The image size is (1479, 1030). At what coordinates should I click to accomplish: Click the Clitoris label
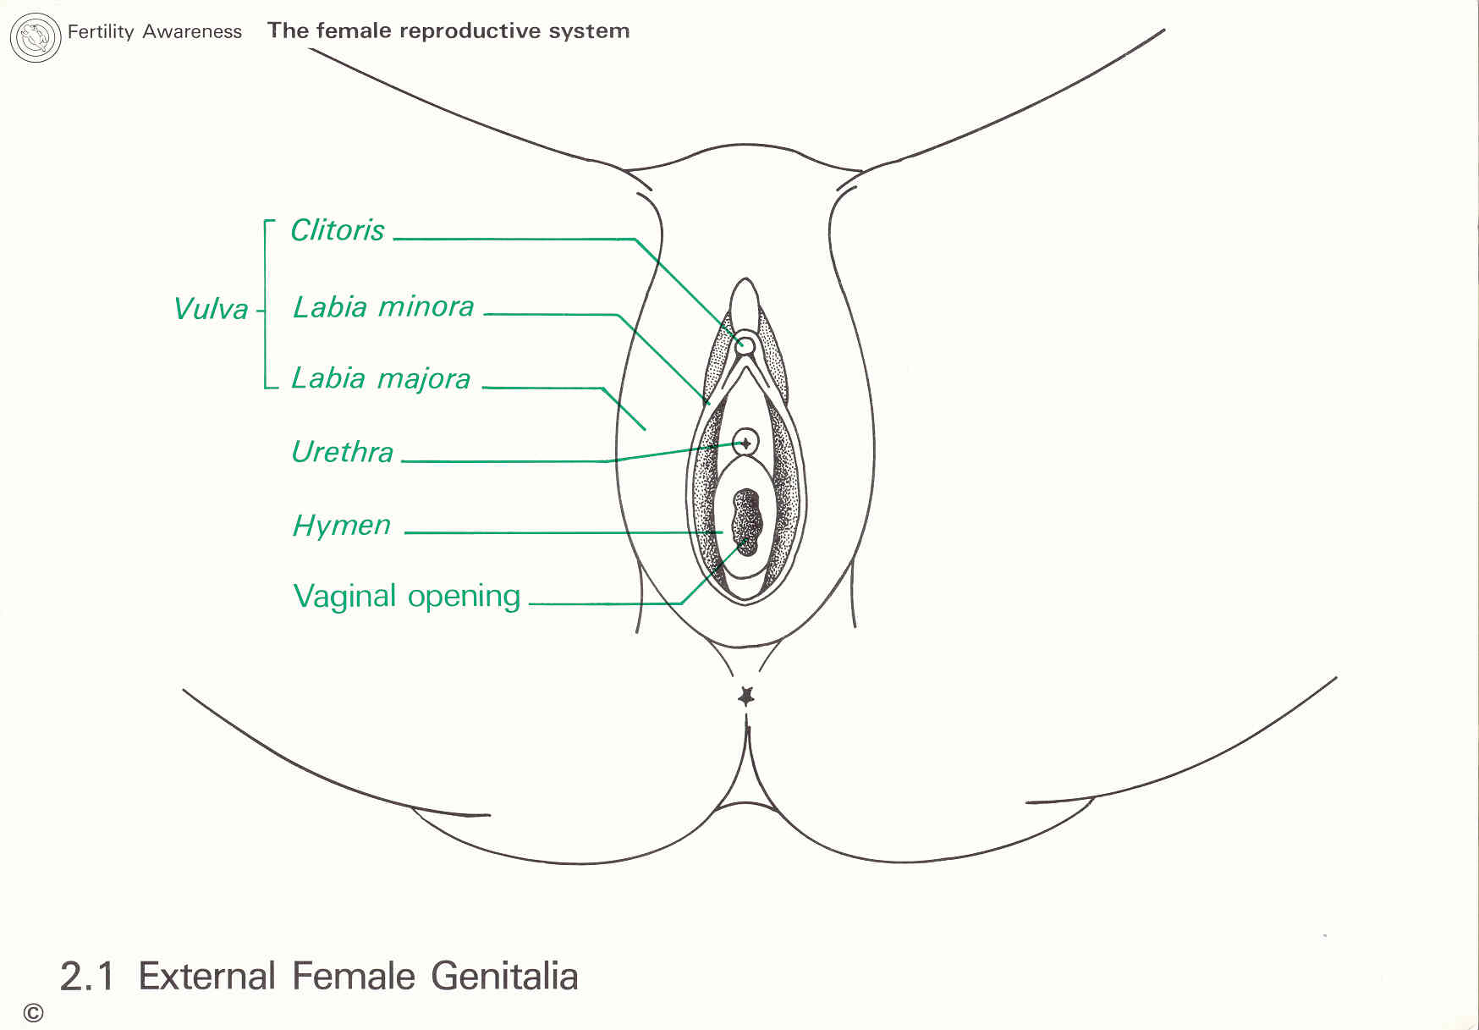[337, 230]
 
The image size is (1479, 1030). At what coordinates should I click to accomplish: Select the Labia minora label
[382, 306]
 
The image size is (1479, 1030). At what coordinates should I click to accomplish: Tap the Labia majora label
[381, 378]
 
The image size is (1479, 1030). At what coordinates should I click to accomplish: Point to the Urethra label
[342, 452]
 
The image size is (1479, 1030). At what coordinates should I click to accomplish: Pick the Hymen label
[341, 526]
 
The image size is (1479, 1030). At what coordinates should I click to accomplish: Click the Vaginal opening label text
[406, 597]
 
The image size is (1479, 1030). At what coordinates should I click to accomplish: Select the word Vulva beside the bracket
[211, 309]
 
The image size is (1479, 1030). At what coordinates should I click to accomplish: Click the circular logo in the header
[35, 37]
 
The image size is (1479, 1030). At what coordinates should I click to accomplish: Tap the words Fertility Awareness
[154, 32]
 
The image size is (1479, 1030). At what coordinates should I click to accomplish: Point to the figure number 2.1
[86, 977]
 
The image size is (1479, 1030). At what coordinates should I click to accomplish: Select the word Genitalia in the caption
[504, 977]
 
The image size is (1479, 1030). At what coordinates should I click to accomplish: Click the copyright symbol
[33, 1013]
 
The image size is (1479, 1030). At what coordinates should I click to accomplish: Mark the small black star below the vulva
[745, 697]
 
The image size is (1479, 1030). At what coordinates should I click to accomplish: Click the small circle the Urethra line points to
[745, 442]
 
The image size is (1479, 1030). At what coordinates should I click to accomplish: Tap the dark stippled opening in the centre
[747, 521]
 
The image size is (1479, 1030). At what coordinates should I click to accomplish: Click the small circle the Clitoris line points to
[745, 344]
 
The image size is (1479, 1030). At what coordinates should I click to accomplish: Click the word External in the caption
[206, 977]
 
